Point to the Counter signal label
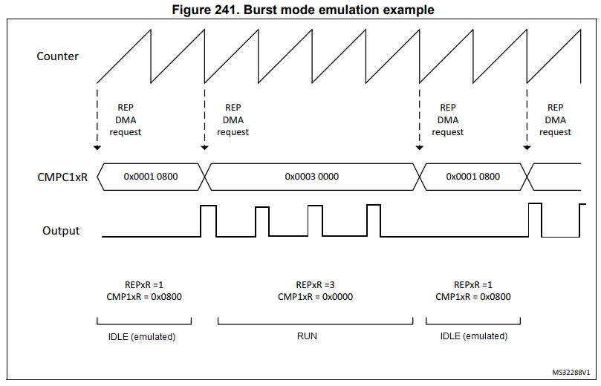[x=57, y=56]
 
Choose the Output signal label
[x=61, y=231]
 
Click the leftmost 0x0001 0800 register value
[x=150, y=177]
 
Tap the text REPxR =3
[x=315, y=284]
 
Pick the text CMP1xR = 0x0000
[x=315, y=297]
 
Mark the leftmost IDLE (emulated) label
[x=143, y=336]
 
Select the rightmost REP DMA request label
[x=555, y=120]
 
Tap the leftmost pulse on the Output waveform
[x=208, y=220]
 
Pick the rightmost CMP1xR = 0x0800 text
[x=472, y=297]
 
